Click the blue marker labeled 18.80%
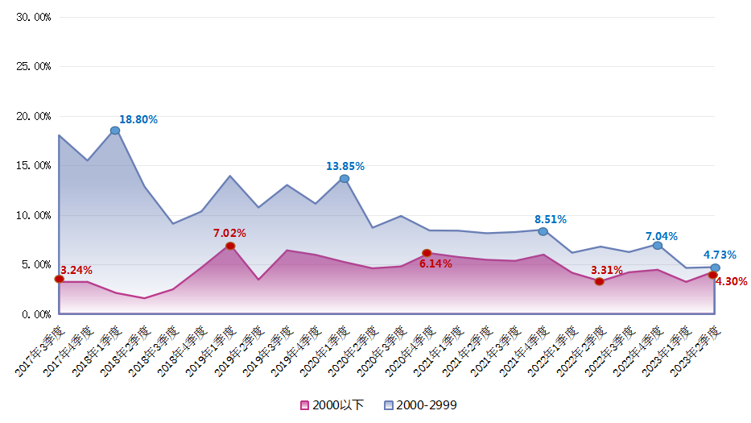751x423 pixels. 115,131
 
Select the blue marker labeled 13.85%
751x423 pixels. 345,179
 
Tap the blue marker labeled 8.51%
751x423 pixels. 543,231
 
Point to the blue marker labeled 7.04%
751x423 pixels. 658,245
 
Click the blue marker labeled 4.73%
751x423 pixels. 715,267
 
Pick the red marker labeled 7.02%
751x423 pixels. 230,246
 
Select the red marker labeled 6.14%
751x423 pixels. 427,253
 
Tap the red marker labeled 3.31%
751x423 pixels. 600,281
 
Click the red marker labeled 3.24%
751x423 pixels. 59,279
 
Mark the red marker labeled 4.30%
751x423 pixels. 712,275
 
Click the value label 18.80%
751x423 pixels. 138,119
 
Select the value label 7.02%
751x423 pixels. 229,233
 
